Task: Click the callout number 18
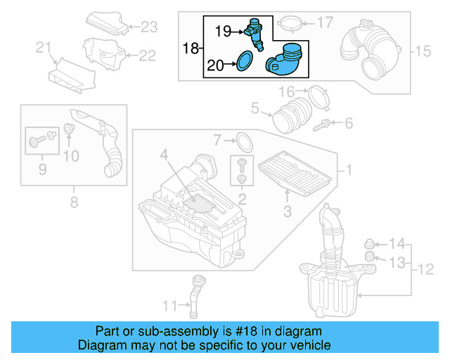pos(191,49)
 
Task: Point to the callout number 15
pos(421,51)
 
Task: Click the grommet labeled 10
pos(70,129)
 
